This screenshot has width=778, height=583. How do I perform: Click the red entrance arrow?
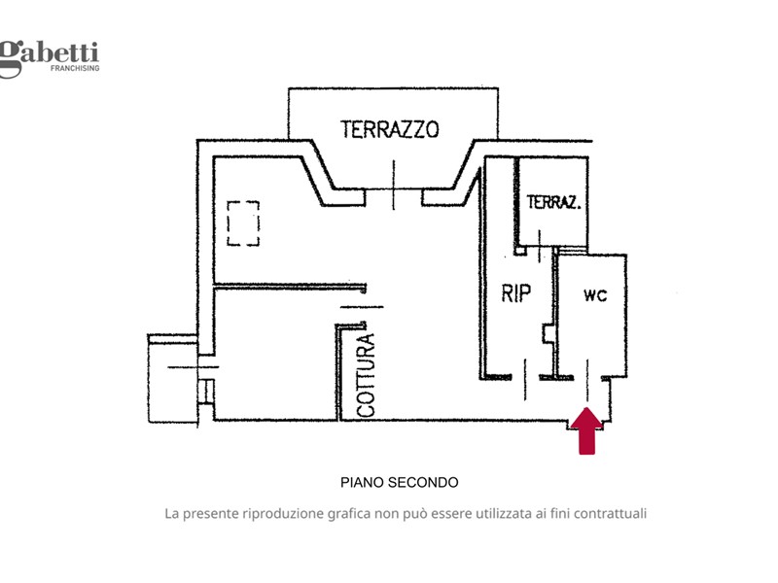586,430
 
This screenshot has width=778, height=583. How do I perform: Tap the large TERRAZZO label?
390,128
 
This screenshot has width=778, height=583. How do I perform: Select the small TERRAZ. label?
554,203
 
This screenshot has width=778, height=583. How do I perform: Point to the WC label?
595,295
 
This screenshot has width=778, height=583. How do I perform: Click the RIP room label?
516,292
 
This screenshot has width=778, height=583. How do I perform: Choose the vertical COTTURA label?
366,375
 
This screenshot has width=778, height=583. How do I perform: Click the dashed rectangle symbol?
243,223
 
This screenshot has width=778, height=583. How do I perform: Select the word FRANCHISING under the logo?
74,70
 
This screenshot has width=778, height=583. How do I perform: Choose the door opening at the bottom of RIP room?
526,377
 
